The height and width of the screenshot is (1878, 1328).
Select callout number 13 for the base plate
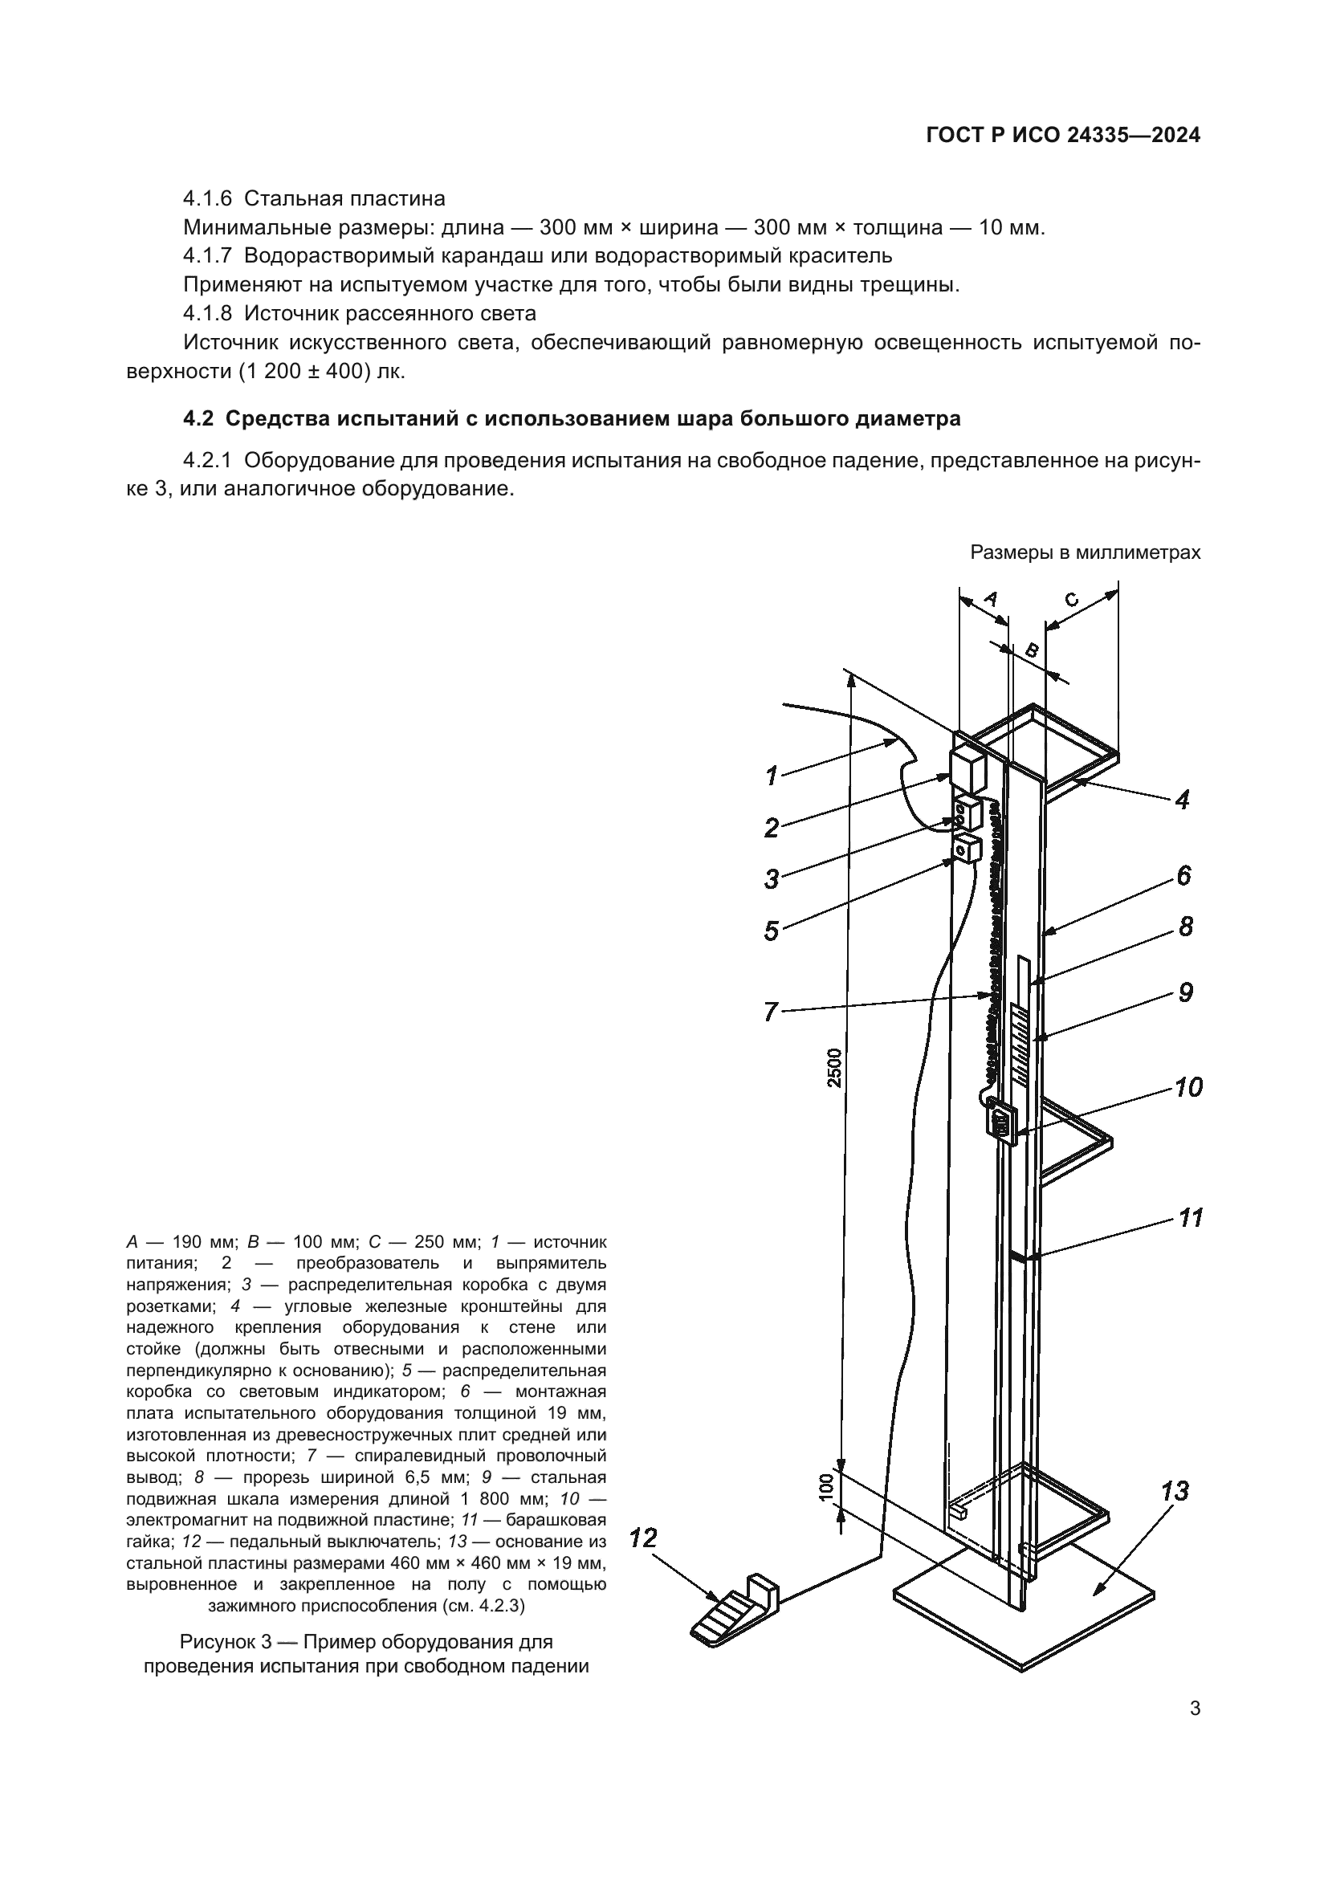[1175, 1490]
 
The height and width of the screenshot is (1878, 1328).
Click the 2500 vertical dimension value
[833, 1067]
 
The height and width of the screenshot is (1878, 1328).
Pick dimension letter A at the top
[990, 599]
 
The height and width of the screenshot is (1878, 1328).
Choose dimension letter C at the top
[1072, 600]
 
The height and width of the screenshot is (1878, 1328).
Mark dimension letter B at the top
[1032, 652]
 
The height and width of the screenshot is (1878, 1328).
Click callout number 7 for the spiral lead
[770, 1012]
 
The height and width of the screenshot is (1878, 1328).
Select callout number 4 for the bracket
[1182, 799]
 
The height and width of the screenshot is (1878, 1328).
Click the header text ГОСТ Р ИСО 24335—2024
[1063, 136]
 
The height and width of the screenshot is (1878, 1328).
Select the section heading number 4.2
[198, 419]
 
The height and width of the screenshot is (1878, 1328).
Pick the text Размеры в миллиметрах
[1086, 552]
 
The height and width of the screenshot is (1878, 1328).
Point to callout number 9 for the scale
[1185, 992]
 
